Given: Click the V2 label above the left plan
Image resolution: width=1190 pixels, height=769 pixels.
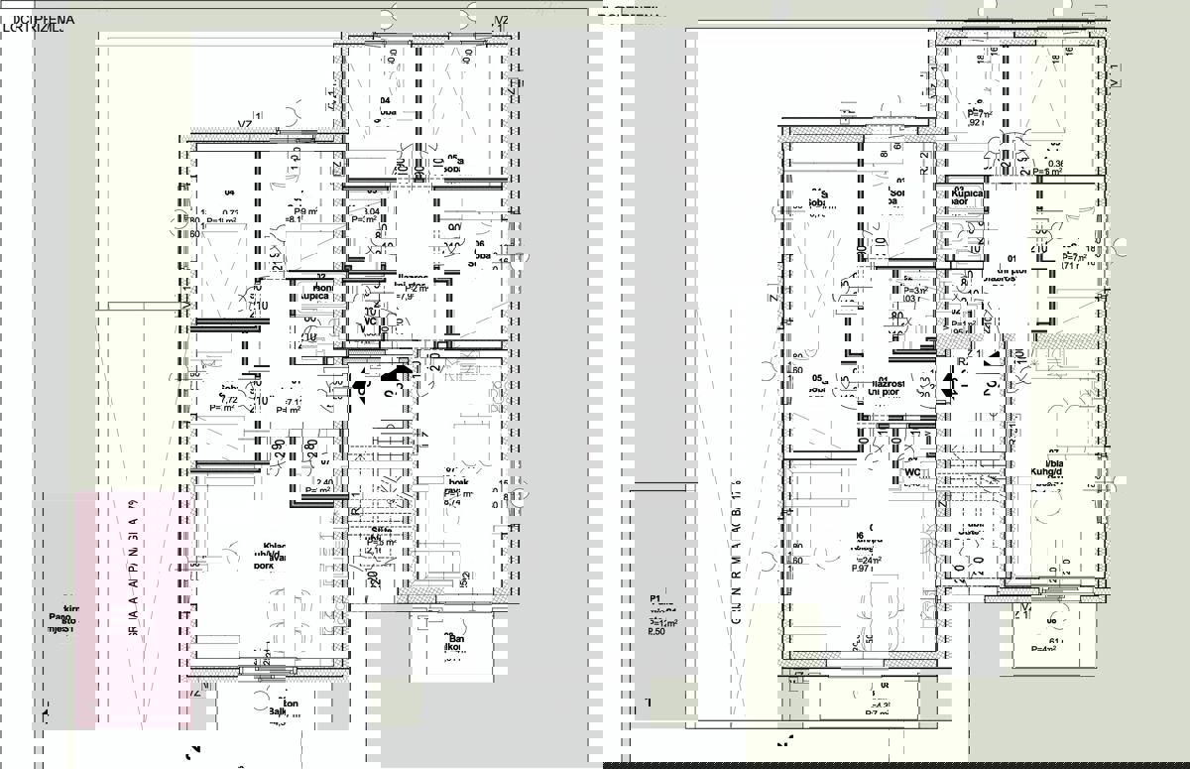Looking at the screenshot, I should point(502,20).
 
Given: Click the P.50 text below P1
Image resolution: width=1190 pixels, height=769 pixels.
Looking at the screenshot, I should point(656,631).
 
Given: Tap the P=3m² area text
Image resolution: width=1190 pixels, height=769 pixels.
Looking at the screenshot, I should point(913,290).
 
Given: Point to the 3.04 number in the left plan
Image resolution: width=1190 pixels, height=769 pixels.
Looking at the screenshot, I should point(371,211).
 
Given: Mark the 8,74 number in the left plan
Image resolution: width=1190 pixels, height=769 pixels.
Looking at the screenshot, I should point(452,502).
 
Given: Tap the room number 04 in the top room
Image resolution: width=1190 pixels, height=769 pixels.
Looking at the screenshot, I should point(385,101).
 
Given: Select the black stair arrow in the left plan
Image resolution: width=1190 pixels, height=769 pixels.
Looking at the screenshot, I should point(399,373).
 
